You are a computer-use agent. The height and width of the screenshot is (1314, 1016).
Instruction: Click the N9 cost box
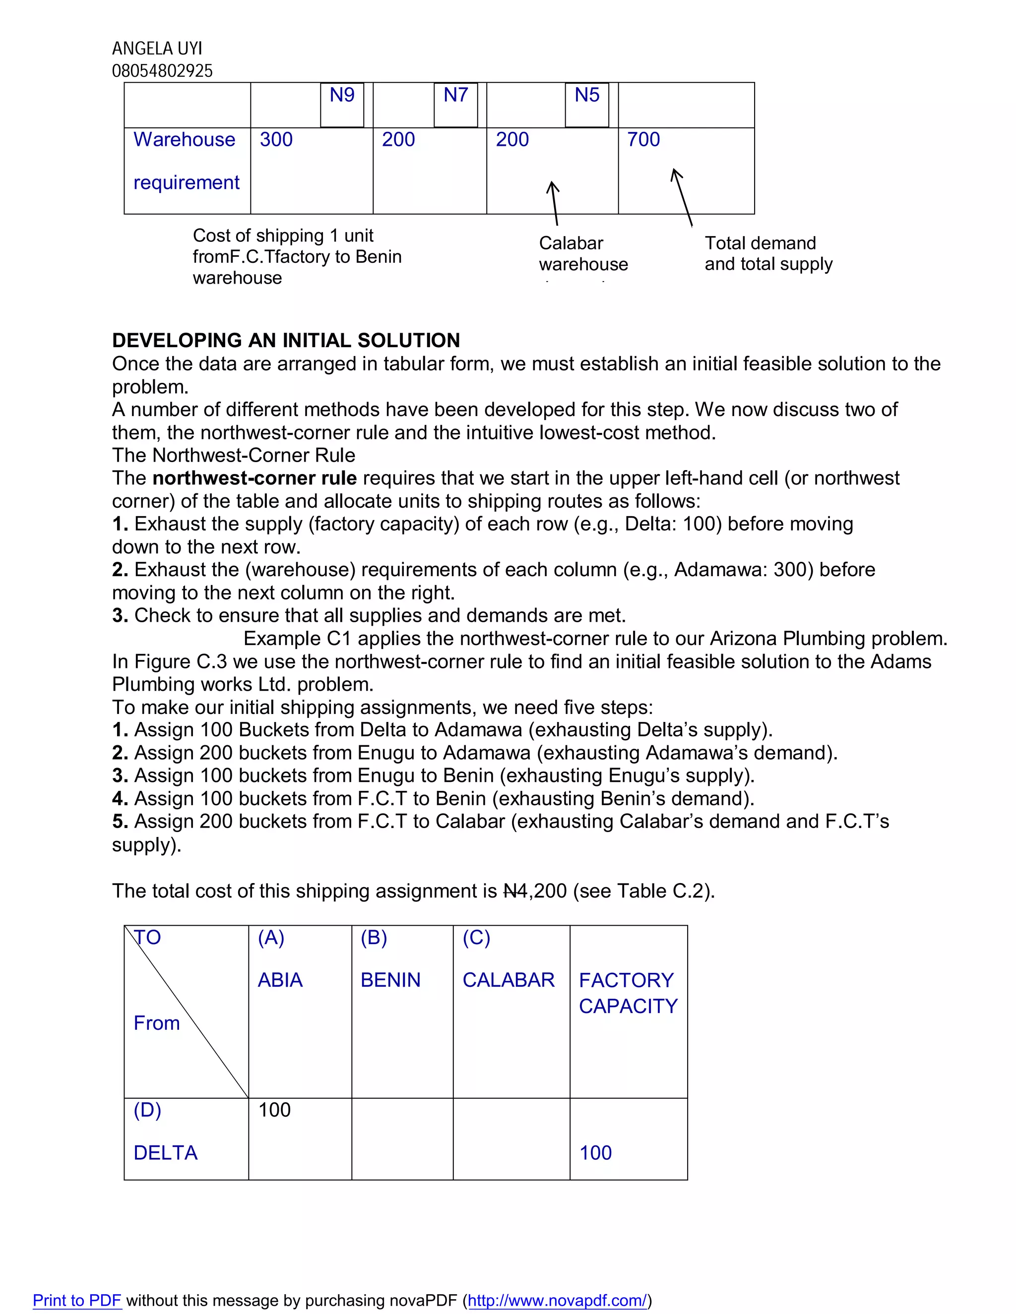coord(342,104)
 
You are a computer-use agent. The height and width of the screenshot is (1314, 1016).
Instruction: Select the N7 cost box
coord(455,104)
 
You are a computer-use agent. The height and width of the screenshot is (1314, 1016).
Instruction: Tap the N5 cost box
coord(587,104)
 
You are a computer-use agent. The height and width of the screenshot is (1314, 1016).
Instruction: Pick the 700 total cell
coord(643,140)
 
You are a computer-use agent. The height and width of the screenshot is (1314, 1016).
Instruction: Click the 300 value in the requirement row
coord(276,140)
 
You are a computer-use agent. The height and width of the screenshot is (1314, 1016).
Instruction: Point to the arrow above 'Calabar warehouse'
coord(554,203)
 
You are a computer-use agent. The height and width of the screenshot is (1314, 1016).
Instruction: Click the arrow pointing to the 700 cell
coord(683,197)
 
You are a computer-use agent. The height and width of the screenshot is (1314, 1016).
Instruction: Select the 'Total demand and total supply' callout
coord(768,253)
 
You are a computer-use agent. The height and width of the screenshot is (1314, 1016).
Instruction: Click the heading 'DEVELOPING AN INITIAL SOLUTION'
coord(286,341)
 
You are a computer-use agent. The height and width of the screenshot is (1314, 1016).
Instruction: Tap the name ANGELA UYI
coord(157,48)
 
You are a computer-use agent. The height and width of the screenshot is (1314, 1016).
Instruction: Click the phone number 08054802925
coord(163,71)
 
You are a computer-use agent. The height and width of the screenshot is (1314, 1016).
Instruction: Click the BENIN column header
coord(390,980)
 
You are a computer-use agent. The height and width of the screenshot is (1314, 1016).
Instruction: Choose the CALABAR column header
coord(508,980)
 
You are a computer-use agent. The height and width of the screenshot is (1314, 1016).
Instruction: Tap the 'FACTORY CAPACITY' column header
coord(628,993)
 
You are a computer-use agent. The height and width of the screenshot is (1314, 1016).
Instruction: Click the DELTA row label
coord(166,1153)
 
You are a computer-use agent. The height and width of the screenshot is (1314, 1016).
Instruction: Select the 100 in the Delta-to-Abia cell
coord(274,1110)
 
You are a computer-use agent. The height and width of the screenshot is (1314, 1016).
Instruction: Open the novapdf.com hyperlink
coord(557,1300)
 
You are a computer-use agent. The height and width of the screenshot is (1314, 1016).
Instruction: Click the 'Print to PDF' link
coord(77,1300)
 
